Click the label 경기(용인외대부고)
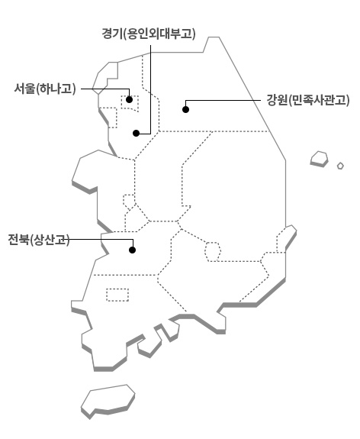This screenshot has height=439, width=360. point(149,34)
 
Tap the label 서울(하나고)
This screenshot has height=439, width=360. point(45,89)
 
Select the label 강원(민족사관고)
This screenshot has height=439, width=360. point(308,100)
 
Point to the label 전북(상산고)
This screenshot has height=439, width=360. point(39,240)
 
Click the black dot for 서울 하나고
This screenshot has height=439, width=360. point(129,100)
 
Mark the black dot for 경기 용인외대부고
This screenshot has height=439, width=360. point(137,134)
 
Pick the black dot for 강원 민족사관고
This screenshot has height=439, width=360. point(186,109)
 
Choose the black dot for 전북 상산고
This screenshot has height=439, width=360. point(133,250)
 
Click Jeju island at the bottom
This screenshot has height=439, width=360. point(108,401)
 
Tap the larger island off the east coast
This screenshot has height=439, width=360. point(319,159)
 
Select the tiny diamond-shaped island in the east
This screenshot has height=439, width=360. point(340,166)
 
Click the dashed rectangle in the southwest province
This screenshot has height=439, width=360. point(117,295)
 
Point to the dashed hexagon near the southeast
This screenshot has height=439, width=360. point(213,252)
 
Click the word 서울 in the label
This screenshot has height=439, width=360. point(25,89)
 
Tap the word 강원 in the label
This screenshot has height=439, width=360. point(277,100)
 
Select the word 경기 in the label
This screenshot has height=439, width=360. point(112,34)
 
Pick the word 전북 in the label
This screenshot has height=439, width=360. point(19,240)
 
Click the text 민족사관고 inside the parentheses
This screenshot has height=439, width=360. point(319,100)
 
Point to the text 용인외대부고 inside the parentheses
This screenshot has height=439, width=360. point(159,34)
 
